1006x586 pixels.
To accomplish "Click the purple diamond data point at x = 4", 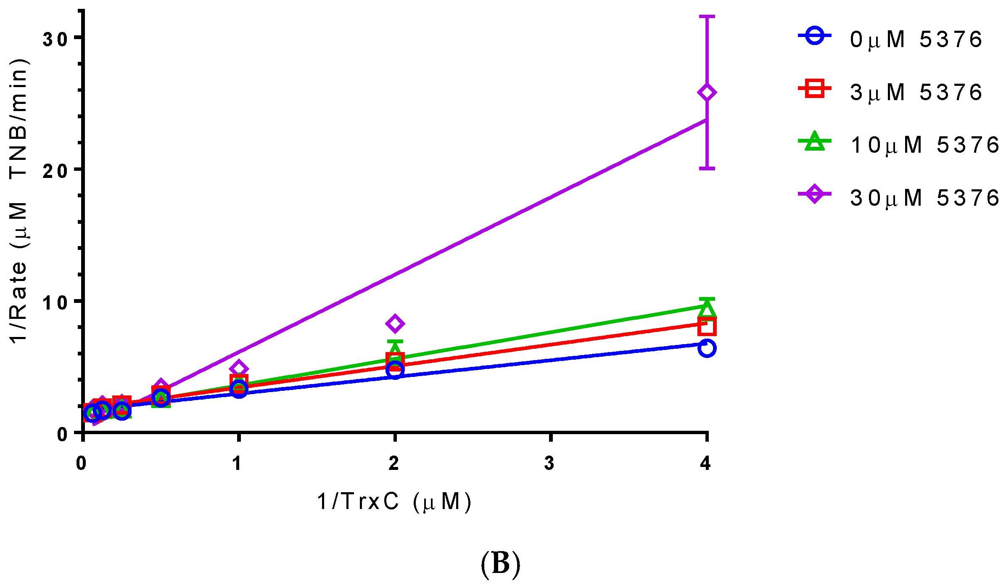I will point(707,93).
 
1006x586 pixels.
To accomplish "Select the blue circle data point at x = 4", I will point(707,348).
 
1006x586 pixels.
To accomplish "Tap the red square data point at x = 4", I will point(707,326).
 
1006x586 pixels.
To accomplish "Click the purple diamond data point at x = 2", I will point(395,323).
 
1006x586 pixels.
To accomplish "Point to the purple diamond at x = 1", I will point(238,369).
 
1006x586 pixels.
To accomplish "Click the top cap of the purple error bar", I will point(707,16).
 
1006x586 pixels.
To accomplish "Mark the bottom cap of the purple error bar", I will point(707,169).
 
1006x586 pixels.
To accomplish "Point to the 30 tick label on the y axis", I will point(55,39).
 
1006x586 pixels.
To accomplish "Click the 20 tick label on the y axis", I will point(55,171).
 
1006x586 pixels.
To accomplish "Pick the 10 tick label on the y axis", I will point(55,302).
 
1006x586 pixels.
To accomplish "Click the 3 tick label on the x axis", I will point(549,463).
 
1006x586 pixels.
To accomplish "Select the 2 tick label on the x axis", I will point(394,463).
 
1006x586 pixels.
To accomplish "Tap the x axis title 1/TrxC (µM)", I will point(394,501).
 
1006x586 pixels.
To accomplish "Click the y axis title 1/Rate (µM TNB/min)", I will point(19,201).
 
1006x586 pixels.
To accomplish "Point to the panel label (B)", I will point(500,563).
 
